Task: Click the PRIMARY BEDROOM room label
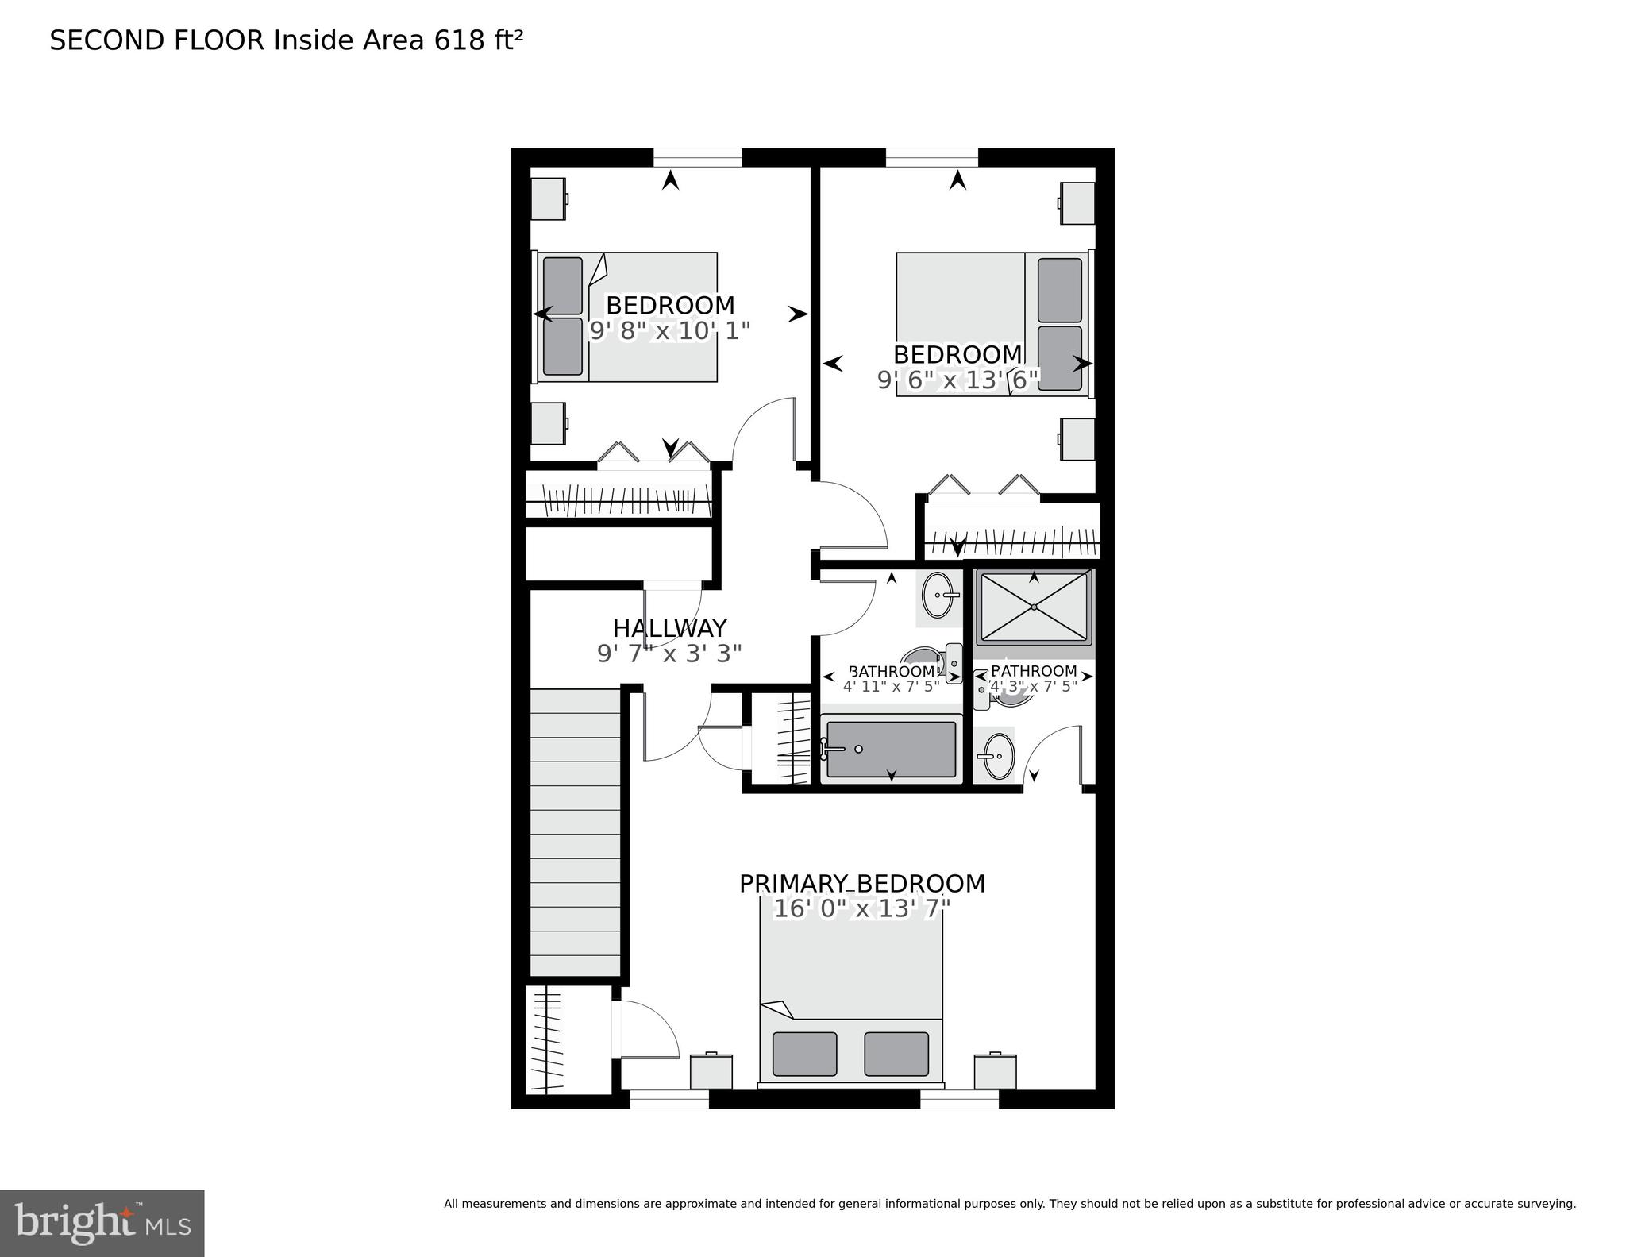[x=862, y=884]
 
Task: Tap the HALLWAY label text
[x=669, y=628]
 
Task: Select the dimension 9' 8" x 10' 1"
[x=669, y=330]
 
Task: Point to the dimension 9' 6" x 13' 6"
[x=957, y=380]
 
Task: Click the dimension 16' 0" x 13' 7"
[x=862, y=908]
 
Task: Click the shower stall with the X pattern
[x=1034, y=607]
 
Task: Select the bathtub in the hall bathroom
[x=891, y=749]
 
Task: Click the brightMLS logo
[x=102, y=1222]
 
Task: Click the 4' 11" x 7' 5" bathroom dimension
[x=891, y=687]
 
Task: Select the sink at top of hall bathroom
[x=938, y=595]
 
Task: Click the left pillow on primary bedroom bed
[x=804, y=1053]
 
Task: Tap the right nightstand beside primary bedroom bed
[x=995, y=1071]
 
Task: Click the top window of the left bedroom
[x=697, y=157]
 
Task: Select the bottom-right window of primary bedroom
[x=959, y=1099]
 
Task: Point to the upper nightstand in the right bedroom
[x=1077, y=203]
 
